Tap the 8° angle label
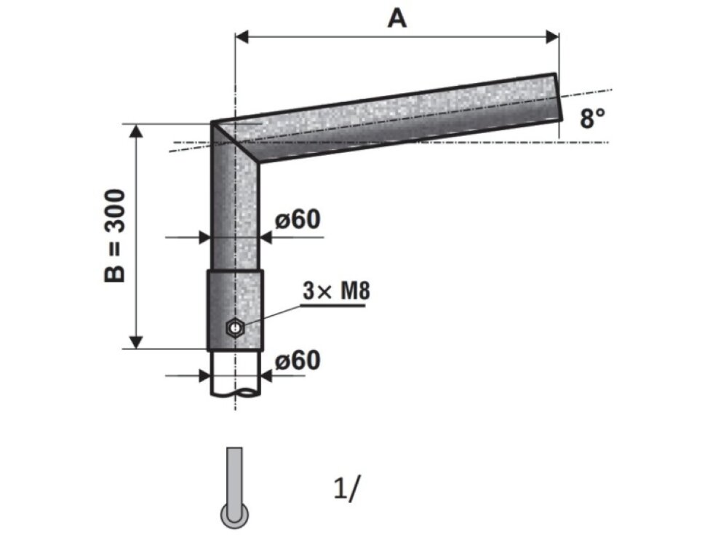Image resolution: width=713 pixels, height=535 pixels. tap(592, 118)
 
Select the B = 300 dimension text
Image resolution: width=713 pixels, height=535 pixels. tap(116, 236)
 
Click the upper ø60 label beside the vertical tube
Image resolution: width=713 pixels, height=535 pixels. tap(298, 219)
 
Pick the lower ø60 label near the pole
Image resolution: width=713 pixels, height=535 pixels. tap(298, 360)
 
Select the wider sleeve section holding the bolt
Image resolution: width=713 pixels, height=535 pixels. tap(235, 309)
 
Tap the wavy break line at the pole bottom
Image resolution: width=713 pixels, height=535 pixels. tap(235, 394)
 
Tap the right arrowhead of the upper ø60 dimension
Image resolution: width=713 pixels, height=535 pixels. tap(266, 237)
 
